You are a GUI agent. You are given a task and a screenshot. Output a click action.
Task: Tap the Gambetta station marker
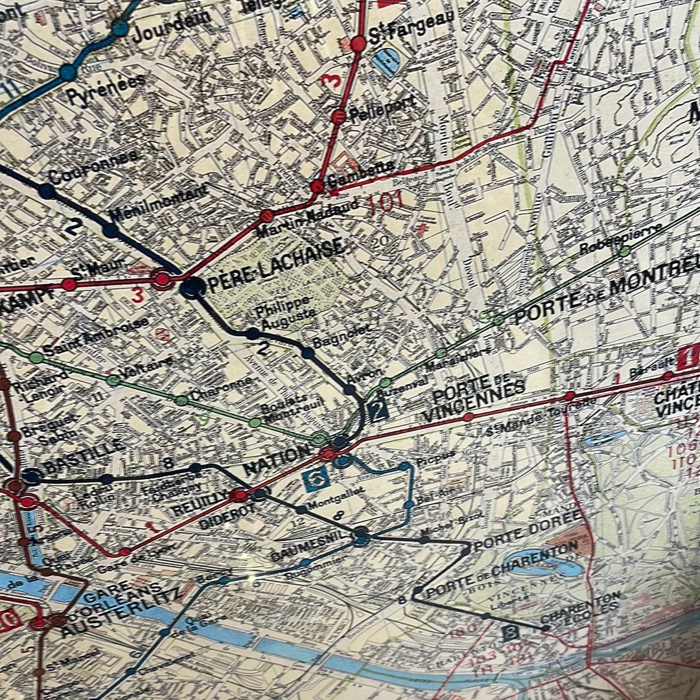coord(317,186)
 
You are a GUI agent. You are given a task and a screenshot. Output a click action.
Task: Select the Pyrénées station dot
coord(67,72)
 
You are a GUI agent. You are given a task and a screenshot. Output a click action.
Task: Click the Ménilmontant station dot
coord(111,230)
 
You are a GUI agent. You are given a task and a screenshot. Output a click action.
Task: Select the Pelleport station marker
coord(338,117)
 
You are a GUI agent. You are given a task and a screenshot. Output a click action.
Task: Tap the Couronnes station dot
coord(46,191)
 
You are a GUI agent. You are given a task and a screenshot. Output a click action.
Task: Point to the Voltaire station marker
coord(113,381)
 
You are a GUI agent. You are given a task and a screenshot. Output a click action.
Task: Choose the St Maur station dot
coord(69,284)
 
